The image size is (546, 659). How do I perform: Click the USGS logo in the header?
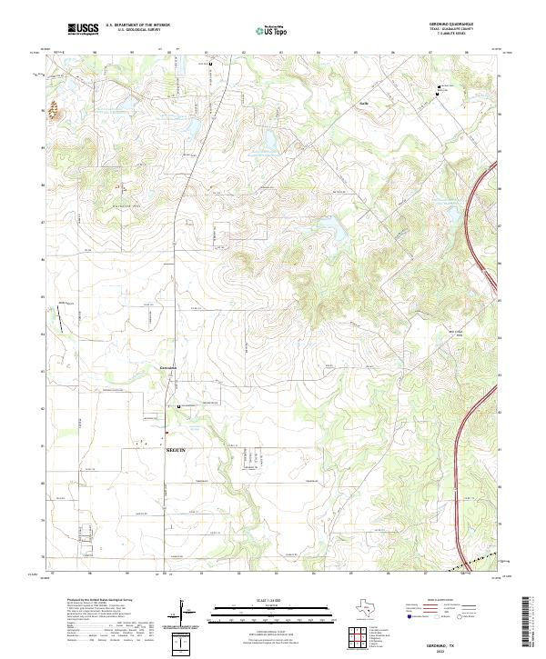pyautogui.click(x=83, y=29)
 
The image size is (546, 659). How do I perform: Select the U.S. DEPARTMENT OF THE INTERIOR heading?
pyautogui.click(x=137, y=25)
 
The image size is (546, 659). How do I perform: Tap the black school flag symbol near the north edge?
pyautogui.click(x=211, y=65)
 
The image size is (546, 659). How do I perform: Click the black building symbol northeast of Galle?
pyautogui.click(x=439, y=88)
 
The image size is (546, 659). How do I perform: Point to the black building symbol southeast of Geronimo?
pyautogui.click(x=179, y=406)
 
